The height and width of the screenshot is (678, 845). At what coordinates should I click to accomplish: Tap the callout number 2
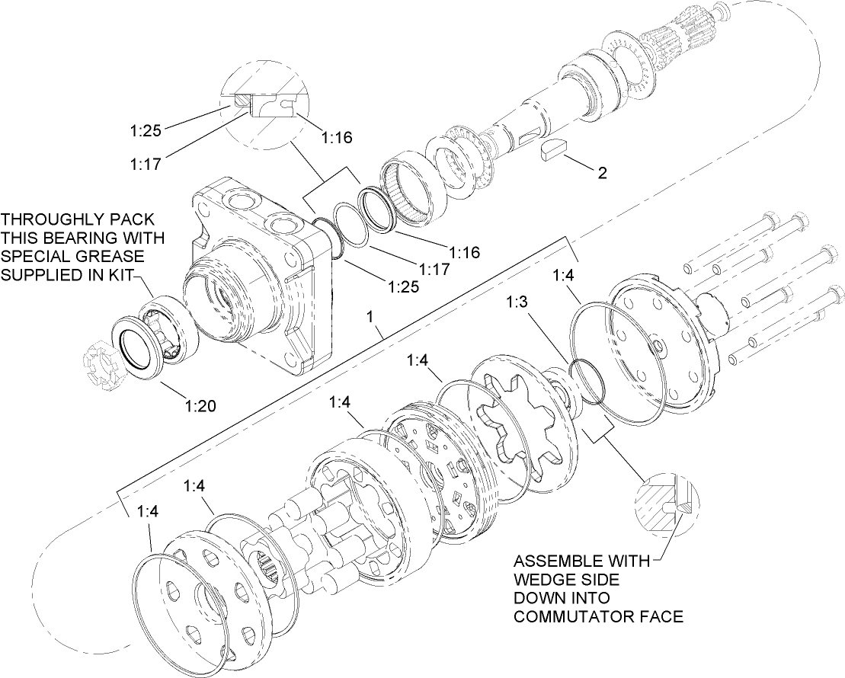[602, 173]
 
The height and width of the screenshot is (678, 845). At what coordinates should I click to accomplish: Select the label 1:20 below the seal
[200, 405]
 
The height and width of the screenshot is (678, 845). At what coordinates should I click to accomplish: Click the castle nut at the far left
[98, 366]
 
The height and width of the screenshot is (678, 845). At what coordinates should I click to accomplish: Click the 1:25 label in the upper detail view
[145, 131]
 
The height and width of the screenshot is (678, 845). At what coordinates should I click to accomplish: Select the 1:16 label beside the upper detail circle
[336, 138]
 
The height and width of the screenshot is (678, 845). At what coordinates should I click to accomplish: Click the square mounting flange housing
[259, 274]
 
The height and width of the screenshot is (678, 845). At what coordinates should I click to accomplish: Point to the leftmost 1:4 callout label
[148, 511]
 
